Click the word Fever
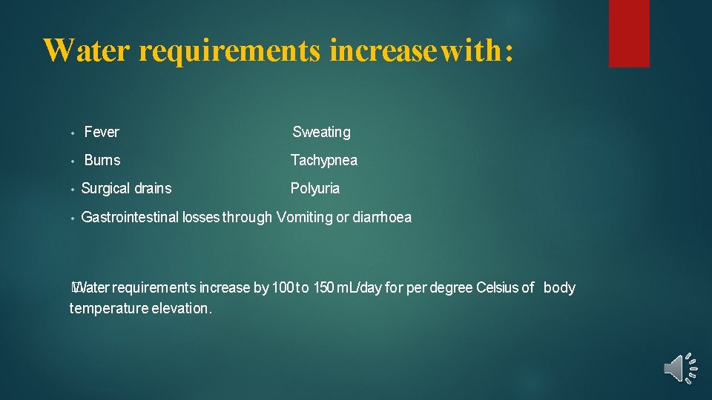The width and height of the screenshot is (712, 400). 102,133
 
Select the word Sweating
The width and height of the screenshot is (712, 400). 321,133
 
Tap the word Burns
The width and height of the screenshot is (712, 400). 102,160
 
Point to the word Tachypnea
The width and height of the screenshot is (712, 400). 323,161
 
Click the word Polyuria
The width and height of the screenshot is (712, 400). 314,189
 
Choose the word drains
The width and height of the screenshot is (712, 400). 152,189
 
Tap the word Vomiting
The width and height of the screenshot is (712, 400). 304,218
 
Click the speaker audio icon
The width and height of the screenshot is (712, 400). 679,368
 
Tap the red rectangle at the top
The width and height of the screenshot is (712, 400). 629,33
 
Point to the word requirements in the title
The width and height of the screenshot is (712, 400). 229,50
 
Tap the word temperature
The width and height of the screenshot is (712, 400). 108,309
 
